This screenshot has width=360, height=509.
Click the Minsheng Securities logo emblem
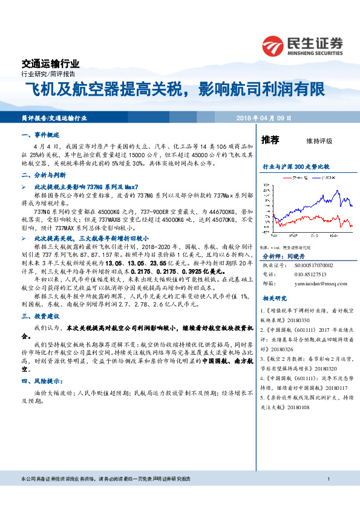click(273, 45)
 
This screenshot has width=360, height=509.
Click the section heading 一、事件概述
click(40, 135)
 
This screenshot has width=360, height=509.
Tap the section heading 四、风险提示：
click(42, 381)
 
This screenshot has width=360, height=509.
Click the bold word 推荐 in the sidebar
click(270, 140)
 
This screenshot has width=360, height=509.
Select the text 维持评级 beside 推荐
click(320, 141)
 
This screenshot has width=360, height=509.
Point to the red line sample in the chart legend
click(287, 177)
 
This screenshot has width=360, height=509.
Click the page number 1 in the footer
click(327, 496)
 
